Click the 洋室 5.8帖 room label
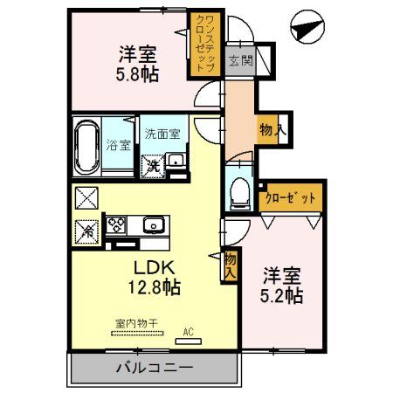(x=138, y=64)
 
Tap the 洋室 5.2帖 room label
(x=282, y=285)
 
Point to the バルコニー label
(x=154, y=368)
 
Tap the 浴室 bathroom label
(x=120, y=145)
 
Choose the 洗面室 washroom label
(x=162, y=134)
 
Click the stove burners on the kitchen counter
(x=116, y=224)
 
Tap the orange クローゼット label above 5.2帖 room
(x=290, y=198)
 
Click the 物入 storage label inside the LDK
(x=230, y=264)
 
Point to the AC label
(x=187, y=332)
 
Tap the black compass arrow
(x=307, y=27)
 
